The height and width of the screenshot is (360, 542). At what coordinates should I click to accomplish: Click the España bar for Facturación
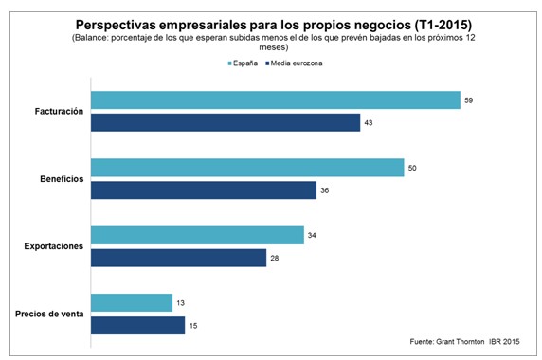click(275, 100)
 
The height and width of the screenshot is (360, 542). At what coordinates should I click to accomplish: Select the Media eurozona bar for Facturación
click(225, 123)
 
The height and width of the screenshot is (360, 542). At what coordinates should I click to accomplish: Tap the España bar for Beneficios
click(246, 168)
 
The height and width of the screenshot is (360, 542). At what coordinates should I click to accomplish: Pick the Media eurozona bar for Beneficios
click(203, 190)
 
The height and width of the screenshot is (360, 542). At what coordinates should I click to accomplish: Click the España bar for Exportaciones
click(196, 235)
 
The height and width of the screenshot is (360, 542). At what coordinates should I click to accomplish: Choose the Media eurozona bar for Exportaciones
click(178, 258)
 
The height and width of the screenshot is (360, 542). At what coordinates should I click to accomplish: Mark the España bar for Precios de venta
click(131, 302)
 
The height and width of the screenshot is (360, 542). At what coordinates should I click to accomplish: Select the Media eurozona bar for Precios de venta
click(136, 325)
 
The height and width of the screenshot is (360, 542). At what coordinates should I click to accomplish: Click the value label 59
click(468, 100)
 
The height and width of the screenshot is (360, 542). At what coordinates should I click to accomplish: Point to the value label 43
click(368, 123)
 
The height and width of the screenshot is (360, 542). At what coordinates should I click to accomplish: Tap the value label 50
click(412, 168)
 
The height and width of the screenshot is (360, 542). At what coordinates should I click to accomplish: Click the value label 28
click(274, 258)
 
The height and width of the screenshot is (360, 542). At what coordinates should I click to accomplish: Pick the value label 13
click(180, 302)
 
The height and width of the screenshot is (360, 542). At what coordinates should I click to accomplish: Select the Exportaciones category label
click(53, 246)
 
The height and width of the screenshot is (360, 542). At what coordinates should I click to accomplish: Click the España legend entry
click(244, 62)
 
